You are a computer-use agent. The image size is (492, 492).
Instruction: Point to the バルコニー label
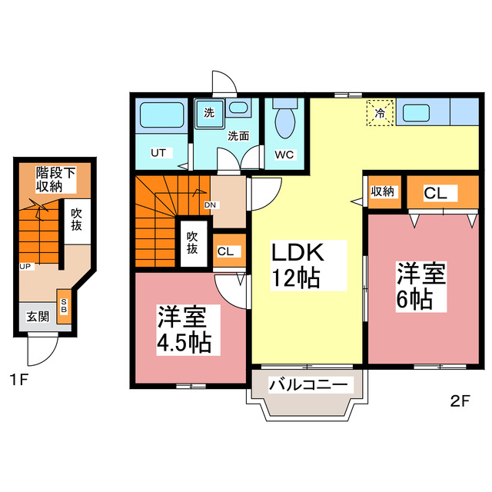coord(309,384)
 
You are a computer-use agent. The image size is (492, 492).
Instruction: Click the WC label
coord(285,155)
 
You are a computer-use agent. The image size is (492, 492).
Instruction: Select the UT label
coord(158,153)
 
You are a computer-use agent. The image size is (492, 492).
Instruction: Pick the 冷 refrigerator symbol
coord(380,113)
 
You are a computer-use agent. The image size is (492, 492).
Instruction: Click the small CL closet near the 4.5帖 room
coord(227,251)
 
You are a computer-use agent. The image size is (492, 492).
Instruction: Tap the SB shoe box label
coord(64,304)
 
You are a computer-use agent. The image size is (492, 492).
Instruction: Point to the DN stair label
coord(209,205)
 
